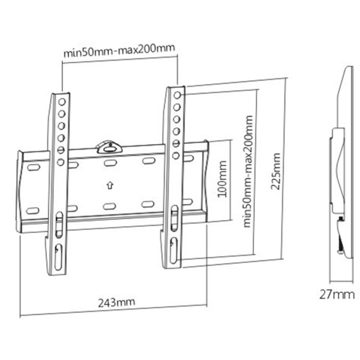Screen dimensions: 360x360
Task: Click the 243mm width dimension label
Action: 116,302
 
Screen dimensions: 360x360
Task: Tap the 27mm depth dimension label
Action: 337,295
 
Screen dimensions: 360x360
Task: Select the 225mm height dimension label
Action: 275,171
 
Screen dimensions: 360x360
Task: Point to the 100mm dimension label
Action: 222,179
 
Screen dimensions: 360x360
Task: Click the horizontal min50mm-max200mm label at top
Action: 119,50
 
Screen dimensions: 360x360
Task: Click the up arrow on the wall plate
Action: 110,185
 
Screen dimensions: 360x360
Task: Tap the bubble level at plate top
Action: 109,147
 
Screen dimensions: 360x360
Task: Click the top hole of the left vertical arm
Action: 62,102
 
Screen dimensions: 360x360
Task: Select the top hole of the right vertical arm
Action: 177,95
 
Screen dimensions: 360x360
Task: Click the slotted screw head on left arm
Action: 61,150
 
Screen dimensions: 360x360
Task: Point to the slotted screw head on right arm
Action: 176,144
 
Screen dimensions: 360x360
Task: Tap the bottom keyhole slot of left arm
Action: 58,257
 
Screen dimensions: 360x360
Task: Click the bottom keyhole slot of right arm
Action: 174,250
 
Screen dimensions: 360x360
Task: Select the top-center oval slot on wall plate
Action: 110,163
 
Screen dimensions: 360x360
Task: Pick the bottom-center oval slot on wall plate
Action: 110,206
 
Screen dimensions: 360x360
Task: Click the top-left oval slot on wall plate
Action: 34,167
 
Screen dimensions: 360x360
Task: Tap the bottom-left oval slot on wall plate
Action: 33,211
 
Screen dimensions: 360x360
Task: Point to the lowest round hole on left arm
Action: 61,163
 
